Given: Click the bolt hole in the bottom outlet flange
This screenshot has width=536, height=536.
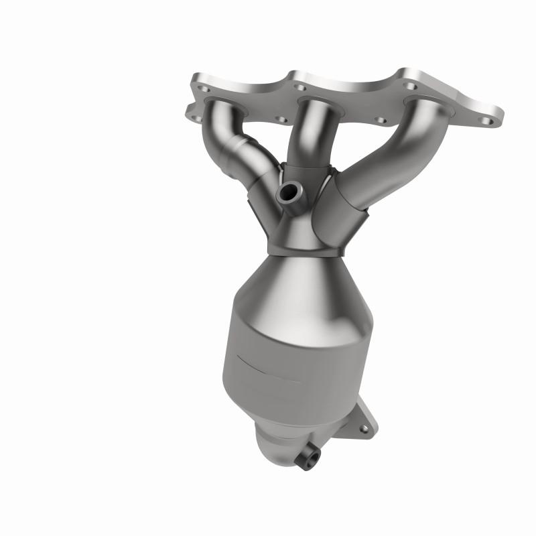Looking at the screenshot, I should pos(364,427).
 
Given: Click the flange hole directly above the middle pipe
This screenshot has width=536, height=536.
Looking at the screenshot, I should pos(299,88).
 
